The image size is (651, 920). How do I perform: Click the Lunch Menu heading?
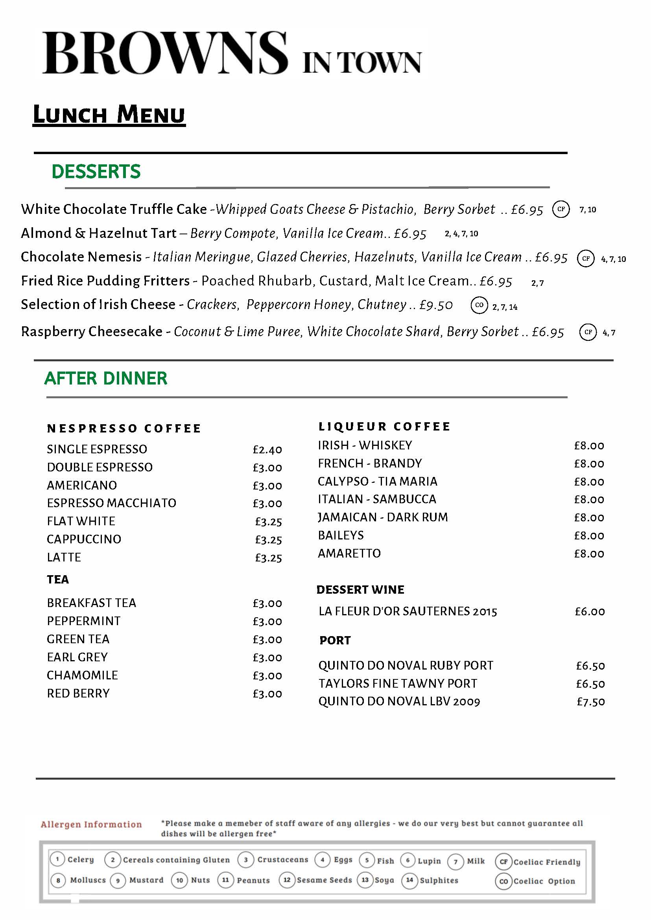click(x=109, y=114)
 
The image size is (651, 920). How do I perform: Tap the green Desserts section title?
click(x=96, y=171)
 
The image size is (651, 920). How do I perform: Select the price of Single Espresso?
click(x=267, y=450)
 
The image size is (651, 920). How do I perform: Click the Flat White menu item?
click(x=81, y=521)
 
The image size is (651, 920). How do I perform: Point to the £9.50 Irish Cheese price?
click(x=436, y=305)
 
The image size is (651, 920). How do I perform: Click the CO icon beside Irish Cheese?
click(x=479, y=305)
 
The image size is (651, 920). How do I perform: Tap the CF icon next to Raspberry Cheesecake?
click(x=588, y=332)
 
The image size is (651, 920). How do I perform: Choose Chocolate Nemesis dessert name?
click(x=81, y=257)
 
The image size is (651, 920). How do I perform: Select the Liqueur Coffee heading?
click(x=384, y=427)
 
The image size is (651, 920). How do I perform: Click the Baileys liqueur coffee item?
click(x=341, y=535)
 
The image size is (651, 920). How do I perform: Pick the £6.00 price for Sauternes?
click(x=590, y=611)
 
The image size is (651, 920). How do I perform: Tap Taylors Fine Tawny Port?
click(x=398, y=684)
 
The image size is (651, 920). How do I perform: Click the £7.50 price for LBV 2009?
click(x=590, y=702)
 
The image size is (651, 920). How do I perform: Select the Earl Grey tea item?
click(x=77, y=657)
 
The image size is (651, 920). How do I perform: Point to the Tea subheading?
click(x=58, y=580)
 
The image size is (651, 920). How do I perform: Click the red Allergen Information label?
click(x=91, y=824)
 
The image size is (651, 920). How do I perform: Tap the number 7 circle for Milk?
click(x=456, y=861)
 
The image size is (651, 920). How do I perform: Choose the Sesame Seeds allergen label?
click(x=324, y=880)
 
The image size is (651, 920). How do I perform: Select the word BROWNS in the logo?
click(x=165, y=53)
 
